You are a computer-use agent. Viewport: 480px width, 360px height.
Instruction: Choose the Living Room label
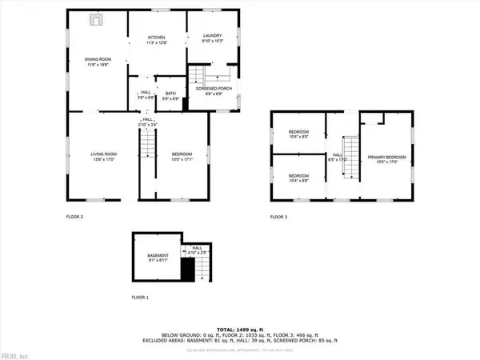point(104,154)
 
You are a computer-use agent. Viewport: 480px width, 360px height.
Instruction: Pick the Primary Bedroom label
point(387,157)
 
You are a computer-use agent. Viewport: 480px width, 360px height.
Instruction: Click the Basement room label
point(157,255)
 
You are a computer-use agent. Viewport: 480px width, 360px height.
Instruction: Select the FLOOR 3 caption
point(278,217)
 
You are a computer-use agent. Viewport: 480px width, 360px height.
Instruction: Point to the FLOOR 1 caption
point(140,297)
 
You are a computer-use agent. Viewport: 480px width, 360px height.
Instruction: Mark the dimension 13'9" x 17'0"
point(104,159)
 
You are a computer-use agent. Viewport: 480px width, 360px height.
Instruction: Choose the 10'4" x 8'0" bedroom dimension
point(298,137)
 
